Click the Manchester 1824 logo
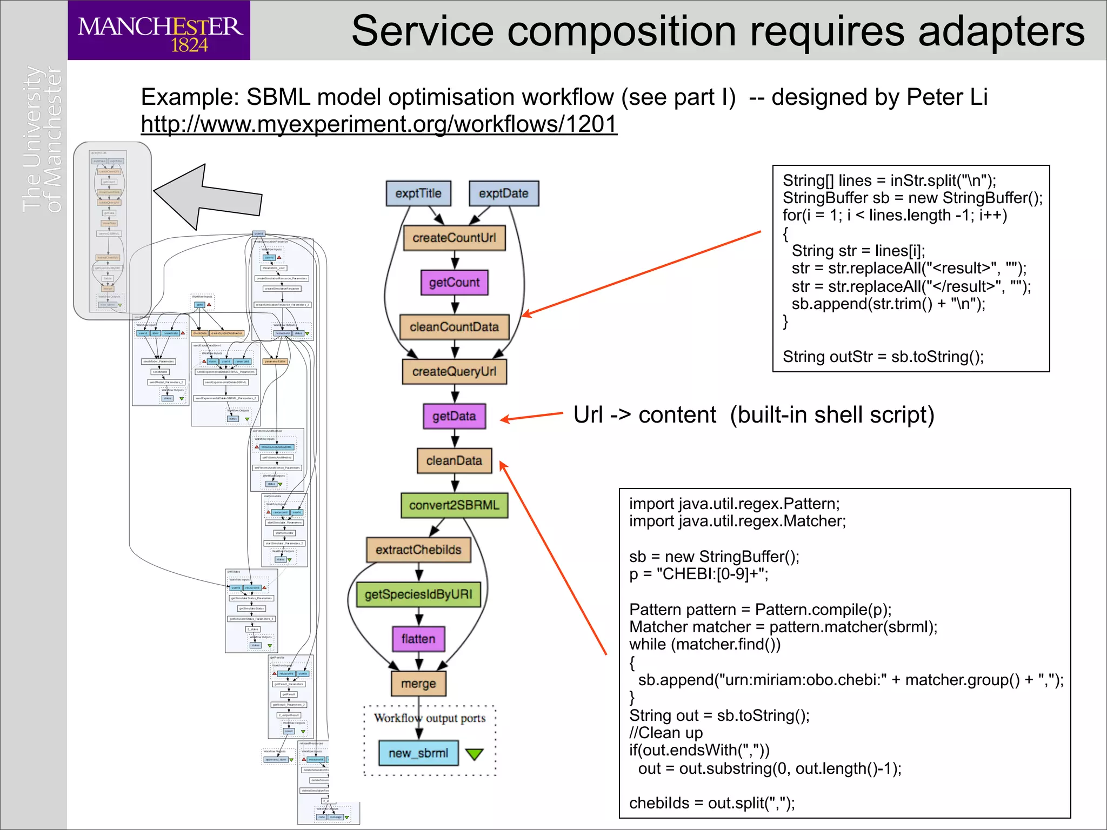159,31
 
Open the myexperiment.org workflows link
378,124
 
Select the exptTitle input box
418,193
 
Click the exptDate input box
503,193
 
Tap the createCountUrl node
454,238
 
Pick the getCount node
454,283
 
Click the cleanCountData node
454,327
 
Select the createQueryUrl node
454,372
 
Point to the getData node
454,416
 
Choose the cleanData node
454,461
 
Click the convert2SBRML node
454,505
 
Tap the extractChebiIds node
418,550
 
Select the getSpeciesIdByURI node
418,594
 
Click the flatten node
418,639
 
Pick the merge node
418,684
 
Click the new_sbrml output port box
418,753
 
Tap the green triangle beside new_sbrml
474,754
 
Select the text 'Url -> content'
644,415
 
